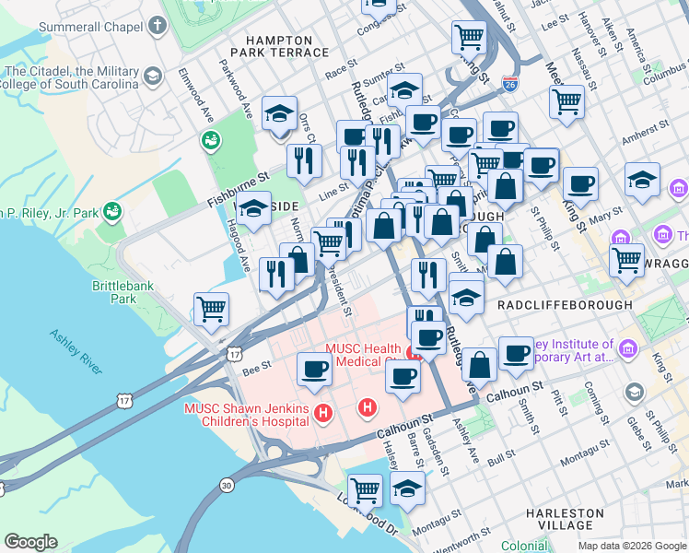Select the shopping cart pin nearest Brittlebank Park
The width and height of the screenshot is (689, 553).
point(212,310)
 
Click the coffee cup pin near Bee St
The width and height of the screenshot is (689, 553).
point(314,371)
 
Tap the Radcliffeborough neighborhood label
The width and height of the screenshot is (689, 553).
point(564,304)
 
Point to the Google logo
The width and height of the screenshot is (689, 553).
point(31,542)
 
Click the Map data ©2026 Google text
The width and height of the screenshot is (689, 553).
point(632,546)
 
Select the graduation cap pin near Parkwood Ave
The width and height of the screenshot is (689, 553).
point(279,114)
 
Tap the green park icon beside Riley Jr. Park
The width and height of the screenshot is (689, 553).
point(112,212)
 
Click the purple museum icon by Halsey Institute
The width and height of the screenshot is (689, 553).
point(629,348)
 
